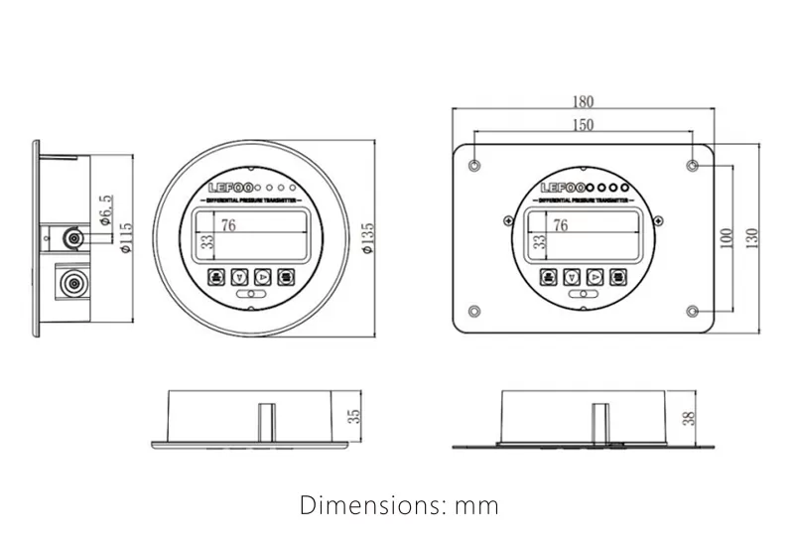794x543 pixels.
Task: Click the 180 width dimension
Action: [x=583, y=100]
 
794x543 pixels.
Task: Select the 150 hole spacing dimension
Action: [x=584, y=124]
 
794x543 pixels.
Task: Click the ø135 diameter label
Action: [x=369, y=239]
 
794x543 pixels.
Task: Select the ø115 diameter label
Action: [x=125, y=239]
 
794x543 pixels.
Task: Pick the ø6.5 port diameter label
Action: [x=106, y=210]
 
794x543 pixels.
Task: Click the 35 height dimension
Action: [x=353, y=416]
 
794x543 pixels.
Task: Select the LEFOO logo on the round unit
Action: [x=229, y=188]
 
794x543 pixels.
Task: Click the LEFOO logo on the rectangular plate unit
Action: [x=562, y=188]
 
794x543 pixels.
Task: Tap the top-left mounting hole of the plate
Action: [x=475, y=163]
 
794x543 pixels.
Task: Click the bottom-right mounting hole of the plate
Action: [x=692, y=314]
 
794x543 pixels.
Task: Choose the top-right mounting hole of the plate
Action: [x=692, y=163]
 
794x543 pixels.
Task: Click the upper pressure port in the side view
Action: [x=71, y=239]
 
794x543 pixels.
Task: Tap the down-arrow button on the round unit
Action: [x=239, y=277]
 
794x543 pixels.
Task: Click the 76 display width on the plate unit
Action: [x=560, y=225]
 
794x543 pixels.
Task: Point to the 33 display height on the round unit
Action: [x=206, y=241]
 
